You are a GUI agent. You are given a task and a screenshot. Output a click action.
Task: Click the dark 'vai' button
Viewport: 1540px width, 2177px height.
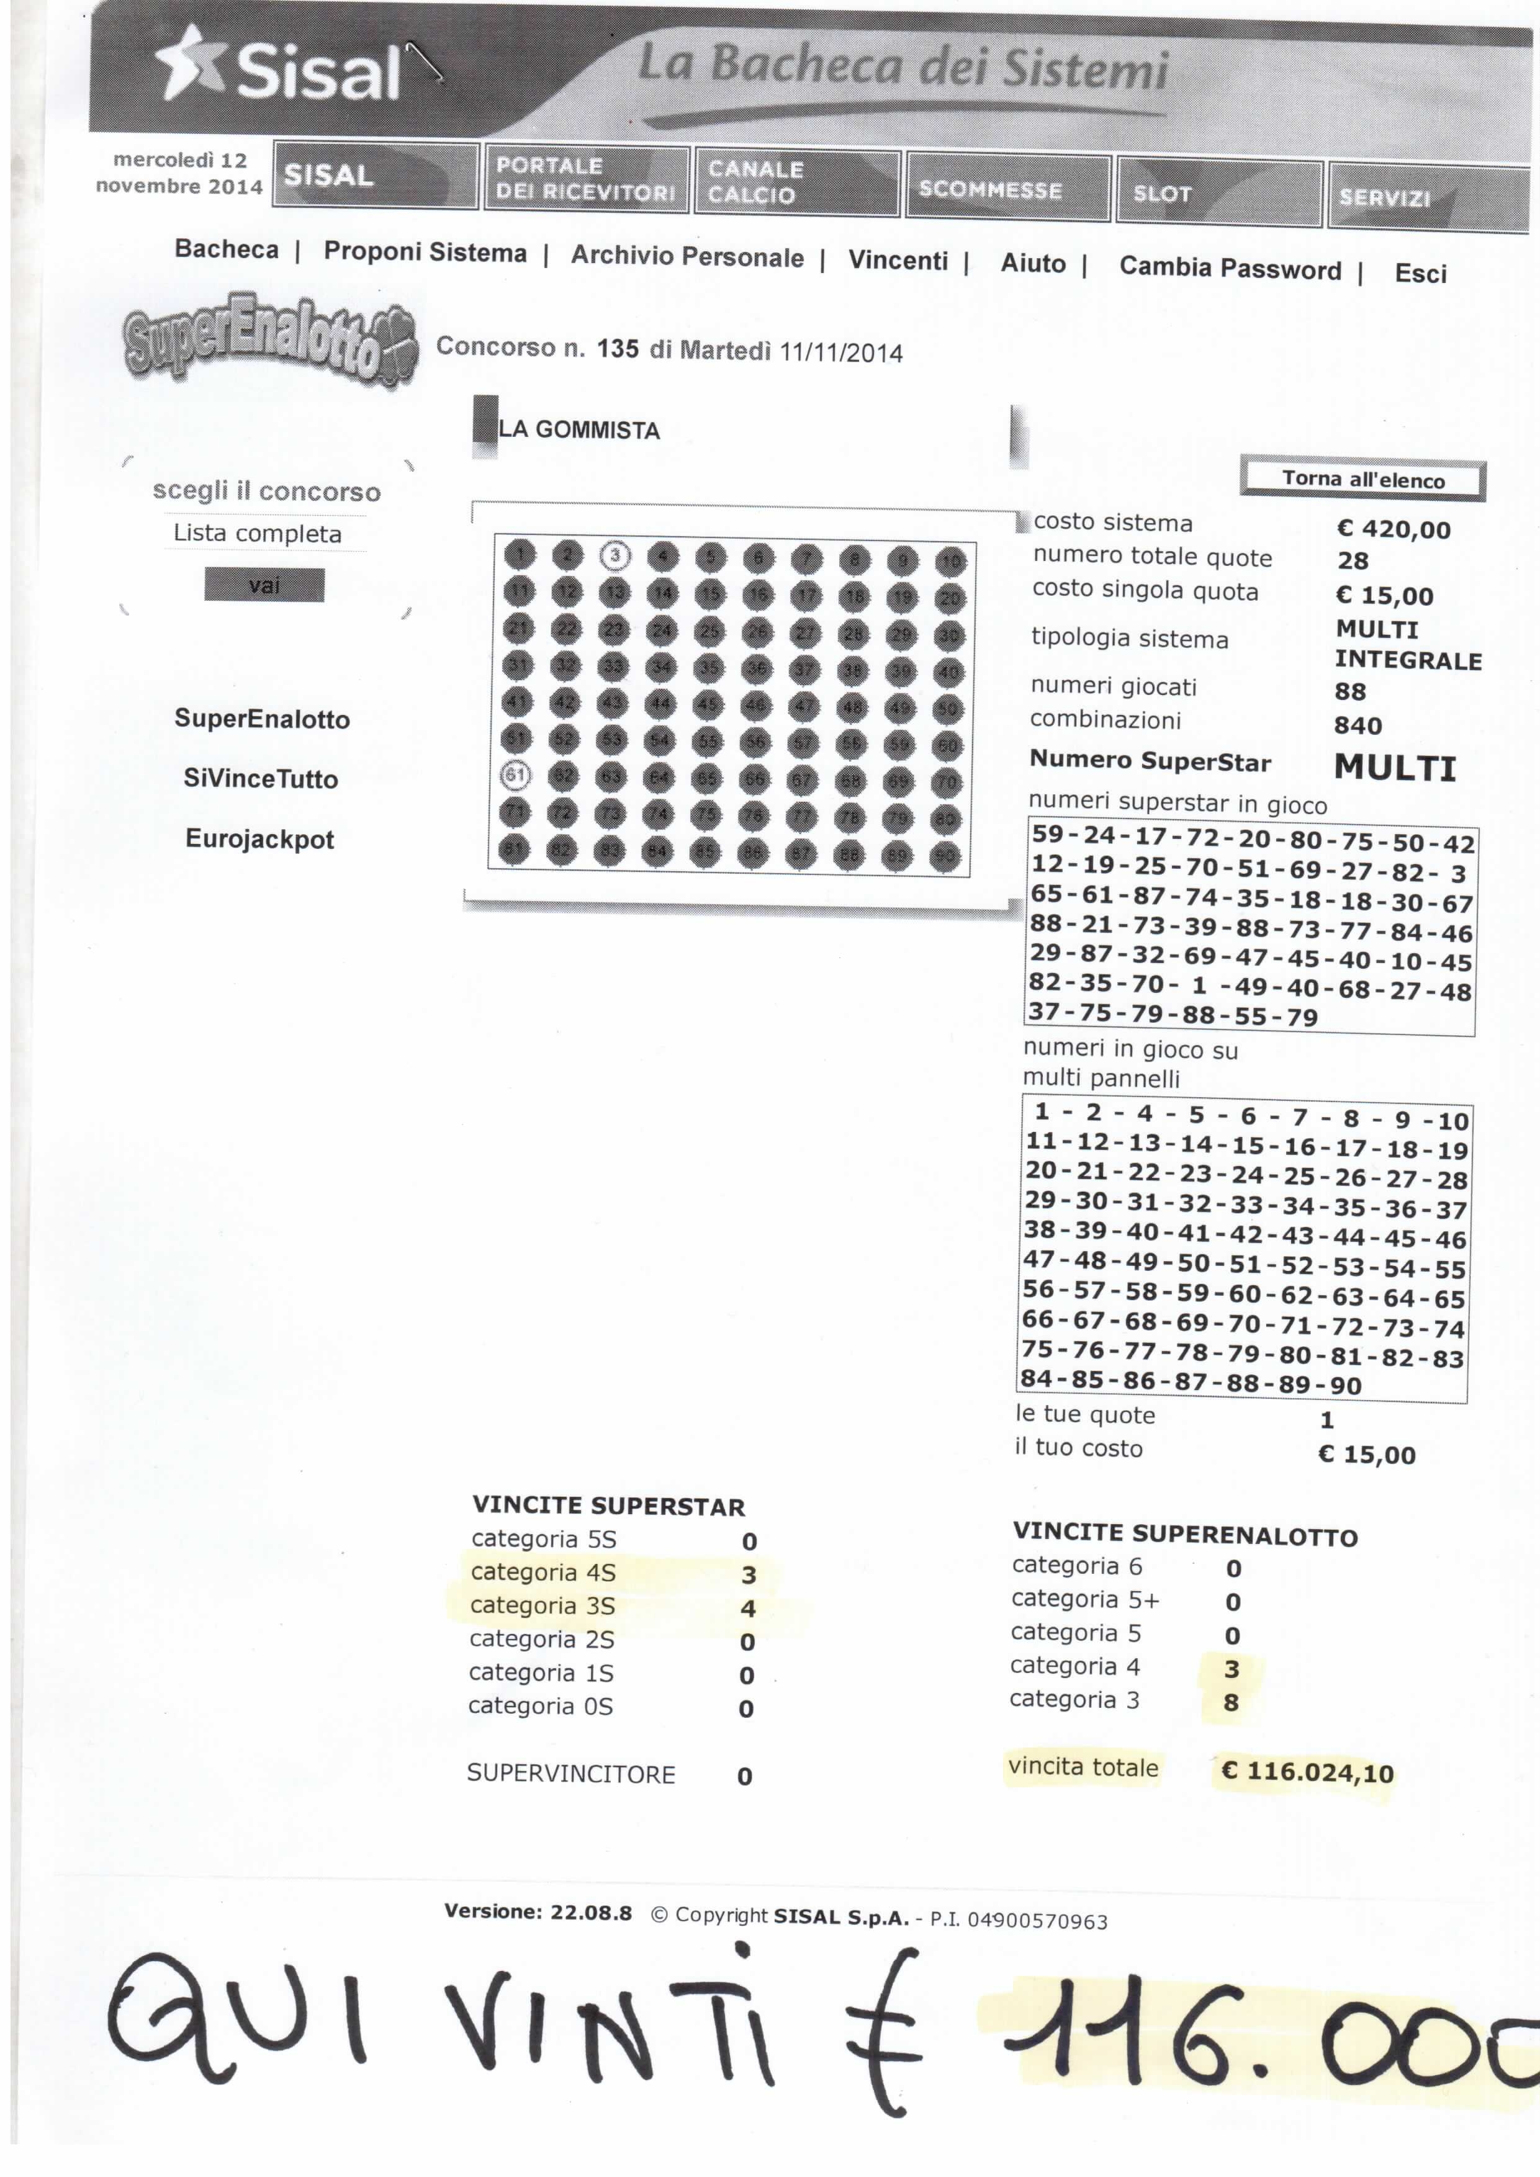click(x=264, y=585)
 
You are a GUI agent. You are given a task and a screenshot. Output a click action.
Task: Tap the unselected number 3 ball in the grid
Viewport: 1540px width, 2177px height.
click(x=615, y=555)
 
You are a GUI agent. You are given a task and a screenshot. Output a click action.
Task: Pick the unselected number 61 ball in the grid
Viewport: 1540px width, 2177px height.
click(x=515, y=774)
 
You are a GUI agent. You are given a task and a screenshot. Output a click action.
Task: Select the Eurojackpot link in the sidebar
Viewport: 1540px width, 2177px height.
click(x=260, y=839)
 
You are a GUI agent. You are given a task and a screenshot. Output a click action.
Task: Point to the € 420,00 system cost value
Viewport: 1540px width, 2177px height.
click(x=1392, y=529)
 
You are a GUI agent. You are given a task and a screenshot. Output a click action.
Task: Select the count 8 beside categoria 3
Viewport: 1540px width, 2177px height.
click(x=1231, y=1703)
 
